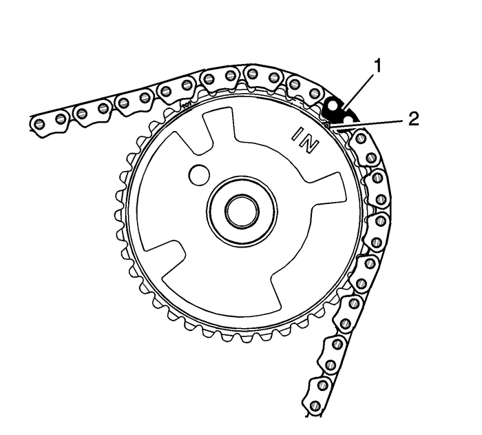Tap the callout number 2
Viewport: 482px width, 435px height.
(x=412, y=118)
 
